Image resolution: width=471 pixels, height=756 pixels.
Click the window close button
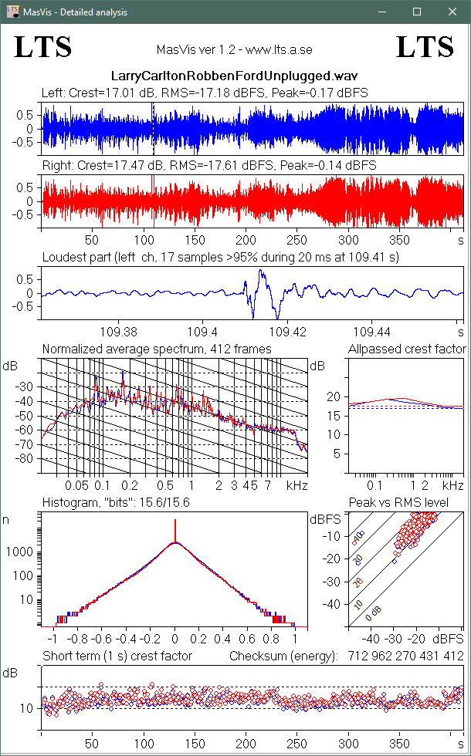pos(452,12)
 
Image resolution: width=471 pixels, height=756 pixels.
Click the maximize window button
pos(417,12)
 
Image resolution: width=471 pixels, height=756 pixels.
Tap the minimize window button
pos(381,12)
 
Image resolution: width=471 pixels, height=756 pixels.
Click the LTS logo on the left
pos(43,47)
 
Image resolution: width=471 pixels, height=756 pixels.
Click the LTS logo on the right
pos(425,47)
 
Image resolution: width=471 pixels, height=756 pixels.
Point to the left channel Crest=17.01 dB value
pos(110,93)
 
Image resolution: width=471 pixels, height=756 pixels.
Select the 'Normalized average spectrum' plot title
pos(157,349)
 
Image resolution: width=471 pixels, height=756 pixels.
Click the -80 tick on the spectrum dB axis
pos(27,459)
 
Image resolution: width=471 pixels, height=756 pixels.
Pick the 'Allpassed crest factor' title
pos(405,349)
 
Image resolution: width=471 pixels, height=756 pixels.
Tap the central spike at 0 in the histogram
pos(175,532)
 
